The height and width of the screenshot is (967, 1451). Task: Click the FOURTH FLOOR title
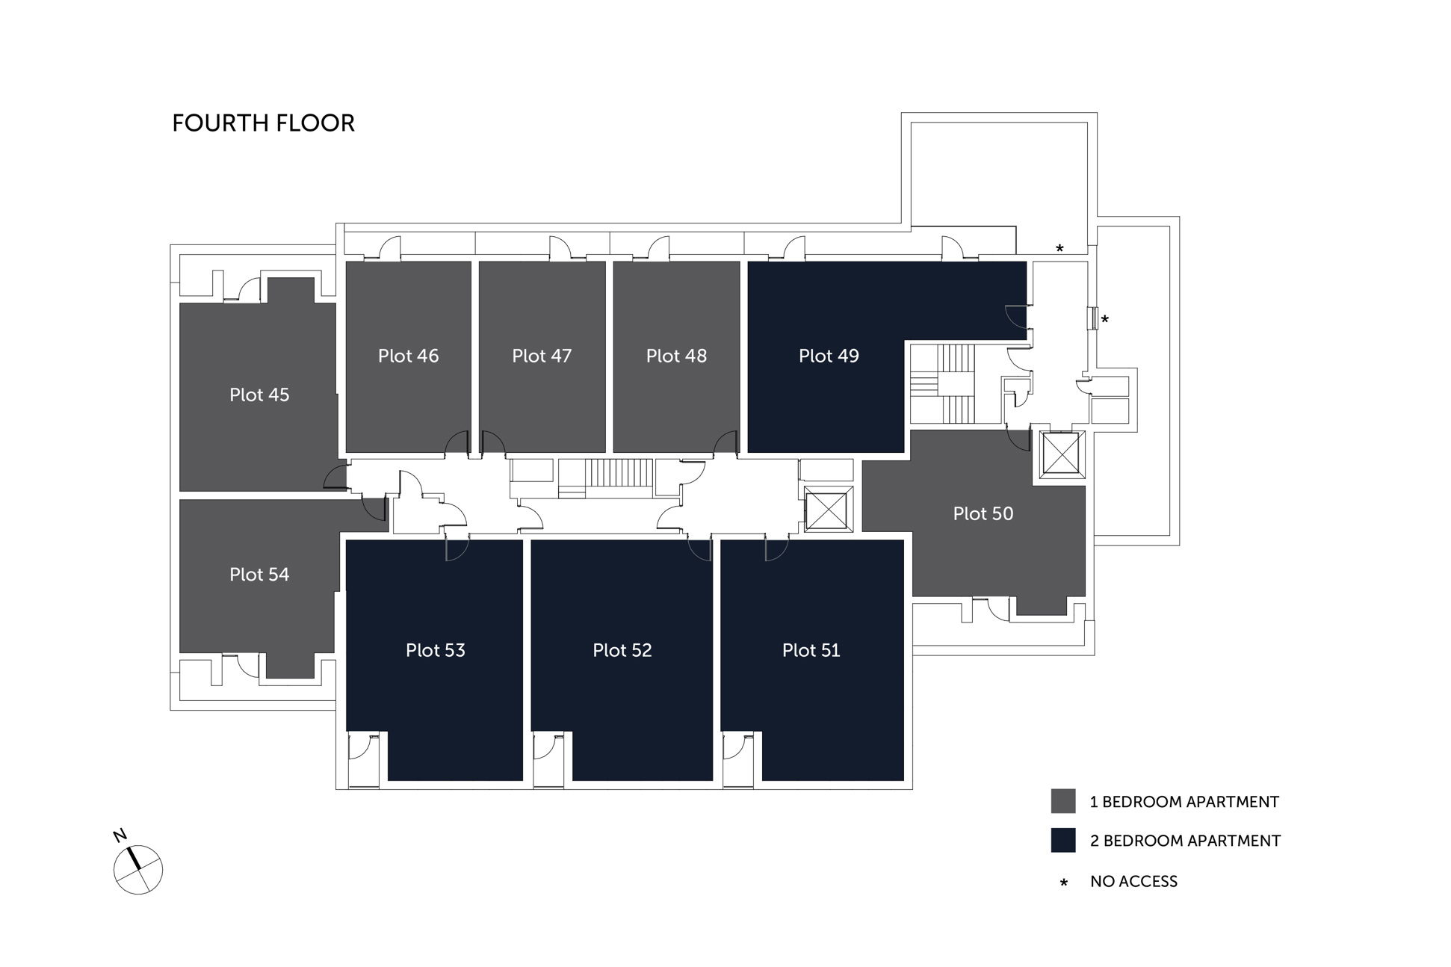263,123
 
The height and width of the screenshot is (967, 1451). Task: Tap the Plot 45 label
259,395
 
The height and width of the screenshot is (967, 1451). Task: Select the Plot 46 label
408,356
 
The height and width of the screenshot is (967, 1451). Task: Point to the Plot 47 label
542,356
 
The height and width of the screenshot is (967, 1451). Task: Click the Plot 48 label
676,356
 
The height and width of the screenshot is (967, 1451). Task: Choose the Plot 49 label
829,356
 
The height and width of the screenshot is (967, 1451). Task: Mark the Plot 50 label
983,513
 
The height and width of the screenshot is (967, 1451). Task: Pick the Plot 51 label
811,650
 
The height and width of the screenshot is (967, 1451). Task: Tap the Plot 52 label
622,650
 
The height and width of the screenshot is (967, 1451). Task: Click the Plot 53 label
435,650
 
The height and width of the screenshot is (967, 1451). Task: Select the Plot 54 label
259,574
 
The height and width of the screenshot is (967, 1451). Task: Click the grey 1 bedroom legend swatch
1062,801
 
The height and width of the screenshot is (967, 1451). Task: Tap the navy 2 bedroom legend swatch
1062,840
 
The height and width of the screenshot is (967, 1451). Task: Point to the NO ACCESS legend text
1133,881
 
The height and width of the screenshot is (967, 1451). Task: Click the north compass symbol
138,869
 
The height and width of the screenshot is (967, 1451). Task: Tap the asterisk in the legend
1063,883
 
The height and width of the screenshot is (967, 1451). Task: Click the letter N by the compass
120,835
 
